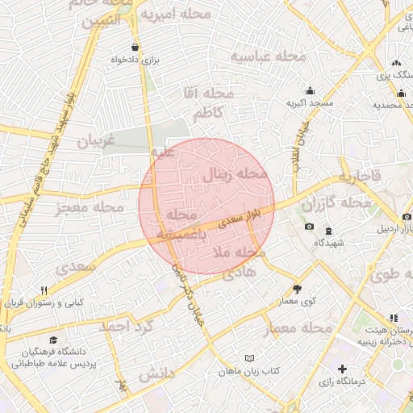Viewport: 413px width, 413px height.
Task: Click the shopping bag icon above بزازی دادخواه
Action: pos(135,47)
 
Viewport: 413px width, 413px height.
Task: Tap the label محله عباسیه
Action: pos(269,56)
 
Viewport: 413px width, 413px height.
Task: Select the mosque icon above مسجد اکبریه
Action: pos(310,90)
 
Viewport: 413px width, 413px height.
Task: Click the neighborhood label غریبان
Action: pos(96,140)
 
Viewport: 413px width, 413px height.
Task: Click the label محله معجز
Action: pos(90,208)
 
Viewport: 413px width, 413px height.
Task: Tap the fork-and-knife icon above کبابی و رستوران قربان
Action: pos(44,290)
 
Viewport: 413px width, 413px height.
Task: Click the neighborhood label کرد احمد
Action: pos(126,327)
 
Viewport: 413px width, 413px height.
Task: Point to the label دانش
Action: pos(156,375)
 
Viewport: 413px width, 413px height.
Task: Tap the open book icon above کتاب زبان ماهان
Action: pos(250,357)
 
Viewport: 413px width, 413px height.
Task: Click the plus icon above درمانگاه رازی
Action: pos(342,368)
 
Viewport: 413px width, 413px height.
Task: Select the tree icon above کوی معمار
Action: pos(297,288)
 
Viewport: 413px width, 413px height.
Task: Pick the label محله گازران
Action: pos(336,202)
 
